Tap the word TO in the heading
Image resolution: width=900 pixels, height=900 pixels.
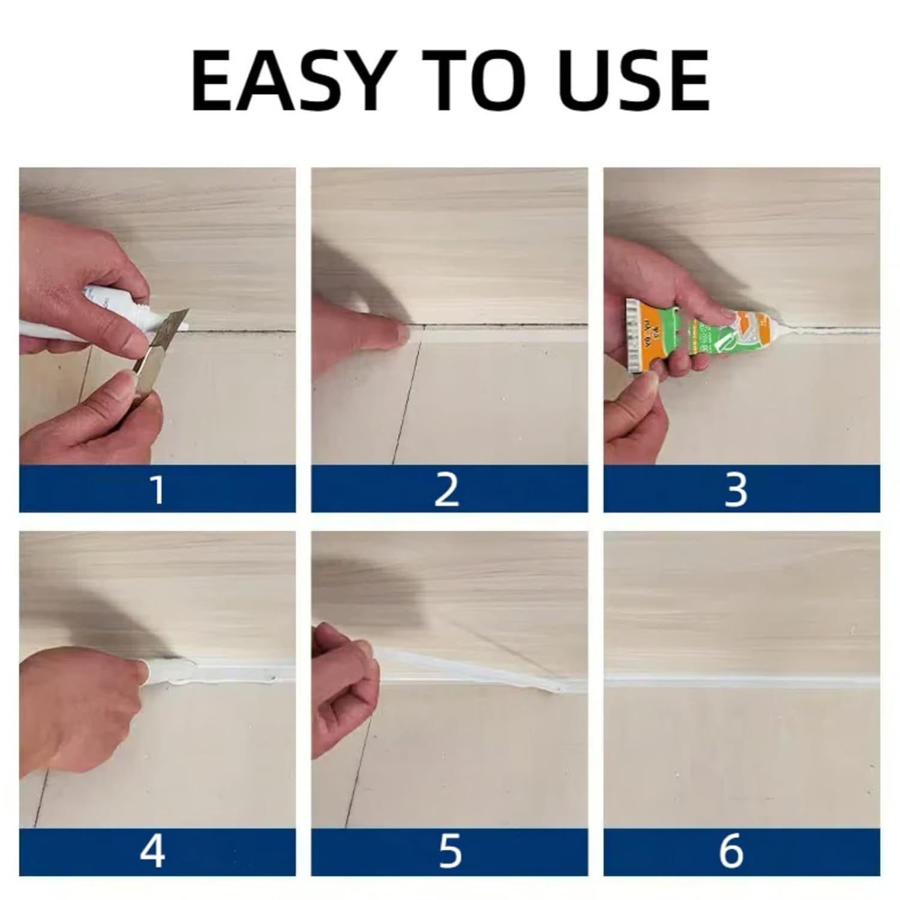(474, 81)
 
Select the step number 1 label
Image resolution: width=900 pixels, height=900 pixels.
(157, 489)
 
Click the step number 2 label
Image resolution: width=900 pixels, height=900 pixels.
(448, 489)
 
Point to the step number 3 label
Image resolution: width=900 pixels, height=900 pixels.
(736, 489)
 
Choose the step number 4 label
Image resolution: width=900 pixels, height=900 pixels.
(152, 852)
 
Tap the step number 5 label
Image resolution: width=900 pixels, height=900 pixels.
(449, 852)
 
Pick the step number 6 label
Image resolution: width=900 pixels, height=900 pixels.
(731, 852)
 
